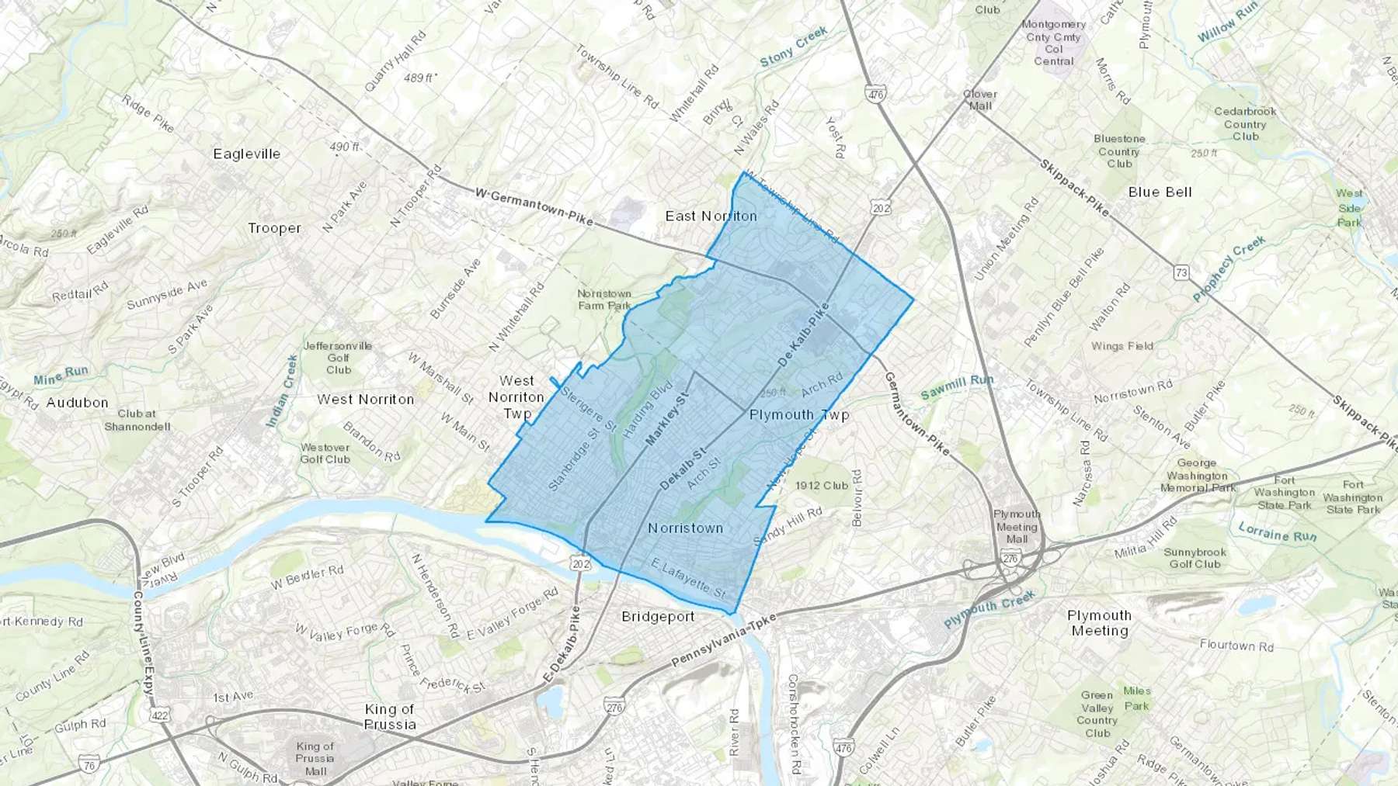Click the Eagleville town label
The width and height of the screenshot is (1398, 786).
click(x=246, y=154)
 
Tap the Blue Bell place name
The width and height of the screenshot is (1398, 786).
click(x=1160, y=192)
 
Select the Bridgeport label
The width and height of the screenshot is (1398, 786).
click(x=657, y=616)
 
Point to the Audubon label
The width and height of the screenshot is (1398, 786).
click(x=77, y=402)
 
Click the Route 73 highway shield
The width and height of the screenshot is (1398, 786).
click(x=1181, y=272)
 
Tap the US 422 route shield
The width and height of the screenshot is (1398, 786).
click(x=161, y=715)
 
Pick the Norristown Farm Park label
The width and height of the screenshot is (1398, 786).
click(x=604, y=299)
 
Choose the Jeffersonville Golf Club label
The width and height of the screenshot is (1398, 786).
click(x=338, y=358)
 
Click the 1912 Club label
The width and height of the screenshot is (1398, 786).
click(x=822, y=486)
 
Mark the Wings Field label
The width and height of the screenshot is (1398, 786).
click(x=1122, y=346)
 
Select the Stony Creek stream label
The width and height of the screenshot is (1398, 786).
click(x=793, y=47)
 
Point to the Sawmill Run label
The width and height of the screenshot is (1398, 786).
click(x=956, y=386)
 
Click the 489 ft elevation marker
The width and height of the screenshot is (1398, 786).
click(x=420, y=78)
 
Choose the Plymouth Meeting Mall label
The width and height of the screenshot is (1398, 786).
click(x=1017, y=526)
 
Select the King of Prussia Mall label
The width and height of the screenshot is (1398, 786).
click(x=315, y=758)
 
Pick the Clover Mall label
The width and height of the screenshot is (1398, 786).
click(x=979, y=99)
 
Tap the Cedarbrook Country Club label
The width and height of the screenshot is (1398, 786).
click(x=1245, y=123)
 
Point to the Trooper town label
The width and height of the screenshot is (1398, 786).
click(x=274, y=228)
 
